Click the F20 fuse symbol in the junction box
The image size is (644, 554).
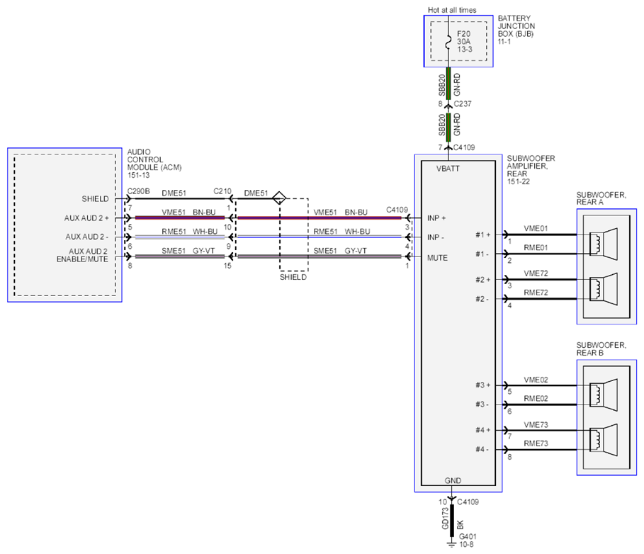(x=448, y=42)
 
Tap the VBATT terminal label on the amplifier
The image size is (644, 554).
(x=448, y=169)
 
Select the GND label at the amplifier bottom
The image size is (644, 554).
(x=453, y=480)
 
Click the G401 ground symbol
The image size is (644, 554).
(x=452, y=544)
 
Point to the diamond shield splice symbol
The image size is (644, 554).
(x=279, y=198)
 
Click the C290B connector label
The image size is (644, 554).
(x=138, y=191)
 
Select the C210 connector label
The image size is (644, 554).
(x=222, y=191)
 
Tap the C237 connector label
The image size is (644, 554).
(x=463, y=104)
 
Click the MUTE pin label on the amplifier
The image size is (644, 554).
(x=437, y=258)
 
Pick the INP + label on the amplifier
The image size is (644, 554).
(x=436, y=218)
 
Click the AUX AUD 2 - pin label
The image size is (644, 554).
(x=86, y=237)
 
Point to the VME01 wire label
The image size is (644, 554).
(x=536, y=229)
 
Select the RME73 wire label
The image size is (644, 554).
(x=536, y=443)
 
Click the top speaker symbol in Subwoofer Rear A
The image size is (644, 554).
(x=604, y=244)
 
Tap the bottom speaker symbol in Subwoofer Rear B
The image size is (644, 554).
(x=604, y=440)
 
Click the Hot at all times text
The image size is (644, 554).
(x=452, y=10)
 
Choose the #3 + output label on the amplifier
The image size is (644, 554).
(x=483, y=385)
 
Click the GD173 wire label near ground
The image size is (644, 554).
(x=445, y=519)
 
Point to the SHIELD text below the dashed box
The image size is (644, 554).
(x=293, y=277)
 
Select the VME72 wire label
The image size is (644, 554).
(x=536, y=273)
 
